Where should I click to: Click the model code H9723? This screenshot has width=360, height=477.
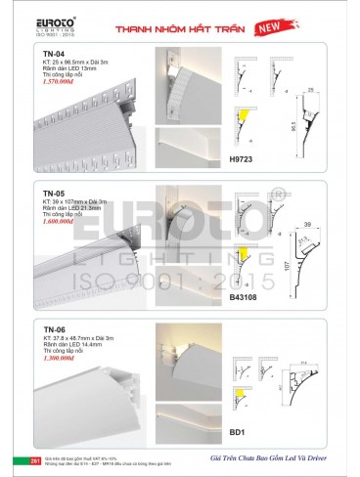(242, 157)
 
